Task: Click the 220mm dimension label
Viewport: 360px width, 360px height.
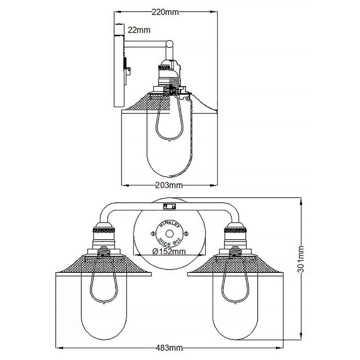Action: pos(165,12)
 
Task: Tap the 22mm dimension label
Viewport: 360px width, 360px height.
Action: pos(139,30)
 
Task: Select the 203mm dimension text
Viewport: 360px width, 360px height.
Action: pos(169,185)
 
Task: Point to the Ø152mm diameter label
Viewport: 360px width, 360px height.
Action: pos(169,251)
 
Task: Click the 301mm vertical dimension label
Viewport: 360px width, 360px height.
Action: pos(301,260)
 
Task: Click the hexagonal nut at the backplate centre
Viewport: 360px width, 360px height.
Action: pos(169,233)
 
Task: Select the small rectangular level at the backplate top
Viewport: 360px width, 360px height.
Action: pos(169,207)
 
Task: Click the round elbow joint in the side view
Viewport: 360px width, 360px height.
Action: pos(170,43)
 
